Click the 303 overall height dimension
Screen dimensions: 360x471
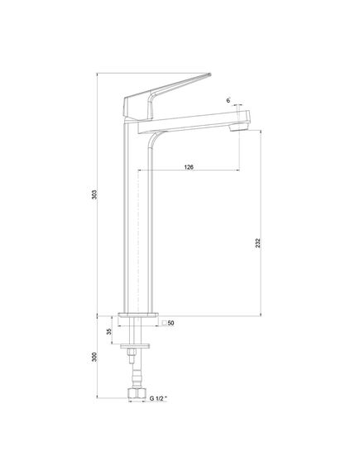coord(94,195)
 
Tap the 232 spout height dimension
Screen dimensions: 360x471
coord(258,243)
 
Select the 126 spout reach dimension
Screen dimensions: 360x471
coord(189,167)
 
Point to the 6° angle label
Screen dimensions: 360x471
coord(228,100)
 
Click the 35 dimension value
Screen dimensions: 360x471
coord(109,331)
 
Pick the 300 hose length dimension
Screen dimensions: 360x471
coord(94,357)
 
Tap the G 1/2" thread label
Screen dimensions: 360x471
coord(158,398)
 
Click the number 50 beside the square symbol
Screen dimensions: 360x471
coord(170,323)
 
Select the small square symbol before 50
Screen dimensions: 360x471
coord(164,323)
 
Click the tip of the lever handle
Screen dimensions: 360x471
coord(210,74)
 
